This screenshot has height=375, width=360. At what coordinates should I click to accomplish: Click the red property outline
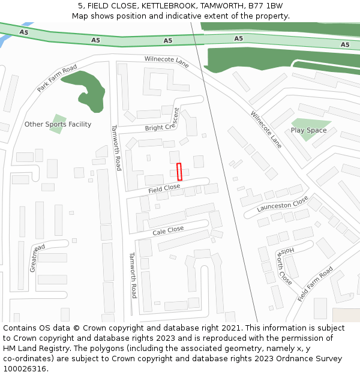coord(179,171)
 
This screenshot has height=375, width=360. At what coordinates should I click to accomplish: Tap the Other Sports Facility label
coord(58,124)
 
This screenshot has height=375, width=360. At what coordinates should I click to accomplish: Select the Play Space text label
coord(308,130)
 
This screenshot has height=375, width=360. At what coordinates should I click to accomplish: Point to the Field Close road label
coord(164,188)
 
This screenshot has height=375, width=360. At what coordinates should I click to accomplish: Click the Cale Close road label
coord(168,230)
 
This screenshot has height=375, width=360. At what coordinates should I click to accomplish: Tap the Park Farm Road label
coord(57,78)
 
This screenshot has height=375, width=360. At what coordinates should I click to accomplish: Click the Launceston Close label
coord(282,203)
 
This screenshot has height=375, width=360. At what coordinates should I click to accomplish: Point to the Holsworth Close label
coord(284,265)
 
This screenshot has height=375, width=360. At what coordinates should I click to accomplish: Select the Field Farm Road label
coord(315,284)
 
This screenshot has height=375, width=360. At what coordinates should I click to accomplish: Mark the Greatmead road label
coord(37,258)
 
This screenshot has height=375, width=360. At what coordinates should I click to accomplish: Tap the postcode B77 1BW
coord(266,6)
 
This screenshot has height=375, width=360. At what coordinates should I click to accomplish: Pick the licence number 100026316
coord(25,368)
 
